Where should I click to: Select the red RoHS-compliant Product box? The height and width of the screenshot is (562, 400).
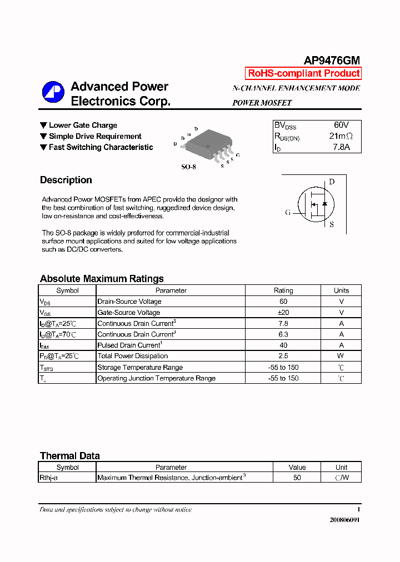(303, 73)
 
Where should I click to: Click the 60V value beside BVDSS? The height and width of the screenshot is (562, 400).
(341, 126)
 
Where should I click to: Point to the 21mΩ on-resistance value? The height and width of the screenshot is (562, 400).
(341, 137)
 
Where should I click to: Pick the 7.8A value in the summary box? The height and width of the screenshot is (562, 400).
(341, 148)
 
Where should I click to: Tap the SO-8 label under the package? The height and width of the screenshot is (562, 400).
(188, 167)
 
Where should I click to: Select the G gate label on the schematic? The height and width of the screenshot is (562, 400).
(288, 212)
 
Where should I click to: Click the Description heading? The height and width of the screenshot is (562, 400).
(66, 180)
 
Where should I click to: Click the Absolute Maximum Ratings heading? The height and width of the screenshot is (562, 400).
(102, 279)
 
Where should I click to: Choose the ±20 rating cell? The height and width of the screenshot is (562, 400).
(283, 313)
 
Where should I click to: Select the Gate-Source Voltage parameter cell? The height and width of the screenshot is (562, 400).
(129, 313)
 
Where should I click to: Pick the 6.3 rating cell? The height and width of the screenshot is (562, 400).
(283, 334)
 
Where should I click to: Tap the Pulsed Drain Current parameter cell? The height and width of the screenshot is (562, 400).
(129, 345)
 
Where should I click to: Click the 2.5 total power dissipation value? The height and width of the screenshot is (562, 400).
(283, 356)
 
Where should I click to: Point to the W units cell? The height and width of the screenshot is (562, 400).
(341, 356)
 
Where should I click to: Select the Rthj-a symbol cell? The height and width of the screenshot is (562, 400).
(49, 478)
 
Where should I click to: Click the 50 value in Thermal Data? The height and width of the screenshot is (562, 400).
(297, 478)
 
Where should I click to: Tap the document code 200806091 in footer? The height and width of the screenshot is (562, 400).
(344, 520)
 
